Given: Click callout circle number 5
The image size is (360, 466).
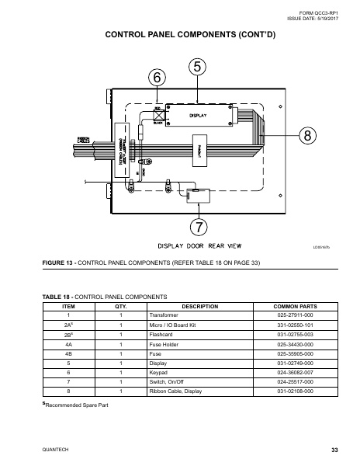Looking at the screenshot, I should point(198,67).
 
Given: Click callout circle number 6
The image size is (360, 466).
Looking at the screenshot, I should point(157,78).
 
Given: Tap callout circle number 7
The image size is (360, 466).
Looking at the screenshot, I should point(199,227).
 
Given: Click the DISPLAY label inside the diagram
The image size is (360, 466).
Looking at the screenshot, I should point(198,116).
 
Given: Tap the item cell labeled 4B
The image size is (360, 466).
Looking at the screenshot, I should point(68,353).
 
